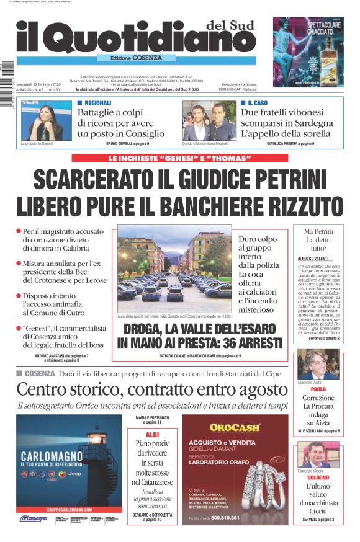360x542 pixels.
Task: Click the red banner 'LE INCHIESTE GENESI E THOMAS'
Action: pos(179,158)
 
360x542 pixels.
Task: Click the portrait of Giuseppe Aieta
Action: pos(317,364)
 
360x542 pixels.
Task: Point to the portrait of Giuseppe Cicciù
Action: pos(317,455)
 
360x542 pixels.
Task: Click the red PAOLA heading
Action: pos(318,389)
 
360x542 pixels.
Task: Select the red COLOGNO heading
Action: pos(318,478)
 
